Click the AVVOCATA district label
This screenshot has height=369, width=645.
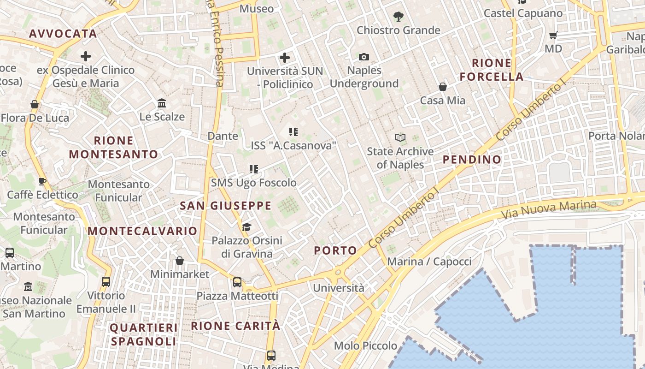(x=63, y=34)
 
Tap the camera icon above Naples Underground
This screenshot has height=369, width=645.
(x=364, y=57)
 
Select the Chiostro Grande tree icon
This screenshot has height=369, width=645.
(x=399, y=17)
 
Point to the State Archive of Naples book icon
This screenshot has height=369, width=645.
(x=400, y=137)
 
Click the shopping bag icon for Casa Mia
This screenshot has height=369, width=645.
(x=443, y=87)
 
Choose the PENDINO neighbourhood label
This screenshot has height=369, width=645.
(x=472, y=160)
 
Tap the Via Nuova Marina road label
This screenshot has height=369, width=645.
(x=548, y=210)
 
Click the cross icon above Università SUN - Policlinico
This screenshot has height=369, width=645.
(x=285, y=58)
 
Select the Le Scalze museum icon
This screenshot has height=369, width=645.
(x=162, y=103)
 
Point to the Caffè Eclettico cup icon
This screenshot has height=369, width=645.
(x=42, y=181)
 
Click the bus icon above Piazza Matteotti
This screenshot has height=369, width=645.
(x=237, y=282)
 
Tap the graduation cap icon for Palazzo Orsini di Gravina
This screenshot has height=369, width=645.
(x=247, y=227)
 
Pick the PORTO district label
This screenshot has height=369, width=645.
(x=335, y=250)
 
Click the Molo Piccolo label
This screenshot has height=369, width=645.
(x=365, y=345)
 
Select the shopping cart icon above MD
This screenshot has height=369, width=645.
(x=553, y=35)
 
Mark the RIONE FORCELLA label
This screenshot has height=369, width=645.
(x=492, y=70)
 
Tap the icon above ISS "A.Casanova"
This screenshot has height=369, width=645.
(x=293, y=132)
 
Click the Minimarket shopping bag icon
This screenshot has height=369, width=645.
(x=180, y=261)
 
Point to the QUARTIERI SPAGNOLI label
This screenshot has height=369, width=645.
(x=143, y=335)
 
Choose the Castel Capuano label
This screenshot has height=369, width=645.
(x=523, y=13)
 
